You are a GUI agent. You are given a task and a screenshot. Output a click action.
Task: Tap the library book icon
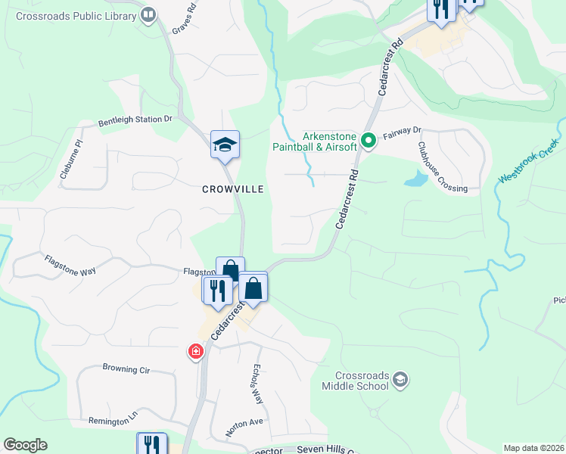tap(148, 14)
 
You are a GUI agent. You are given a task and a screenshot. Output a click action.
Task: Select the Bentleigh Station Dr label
tap(135, 120)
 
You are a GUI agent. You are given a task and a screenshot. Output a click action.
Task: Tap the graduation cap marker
tap(225, 144)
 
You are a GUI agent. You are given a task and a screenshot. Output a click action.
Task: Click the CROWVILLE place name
tap(232, 189)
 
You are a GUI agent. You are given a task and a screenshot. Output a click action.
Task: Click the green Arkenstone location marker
tap(369, 140)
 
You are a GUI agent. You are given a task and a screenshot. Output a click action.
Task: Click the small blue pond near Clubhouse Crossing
tap(415, 179)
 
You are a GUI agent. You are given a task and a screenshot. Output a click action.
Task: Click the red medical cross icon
tap(196, 352)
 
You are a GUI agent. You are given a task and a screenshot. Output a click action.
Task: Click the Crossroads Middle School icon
tap(400, 380)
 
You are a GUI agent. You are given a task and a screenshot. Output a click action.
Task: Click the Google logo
tap(25, 445)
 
